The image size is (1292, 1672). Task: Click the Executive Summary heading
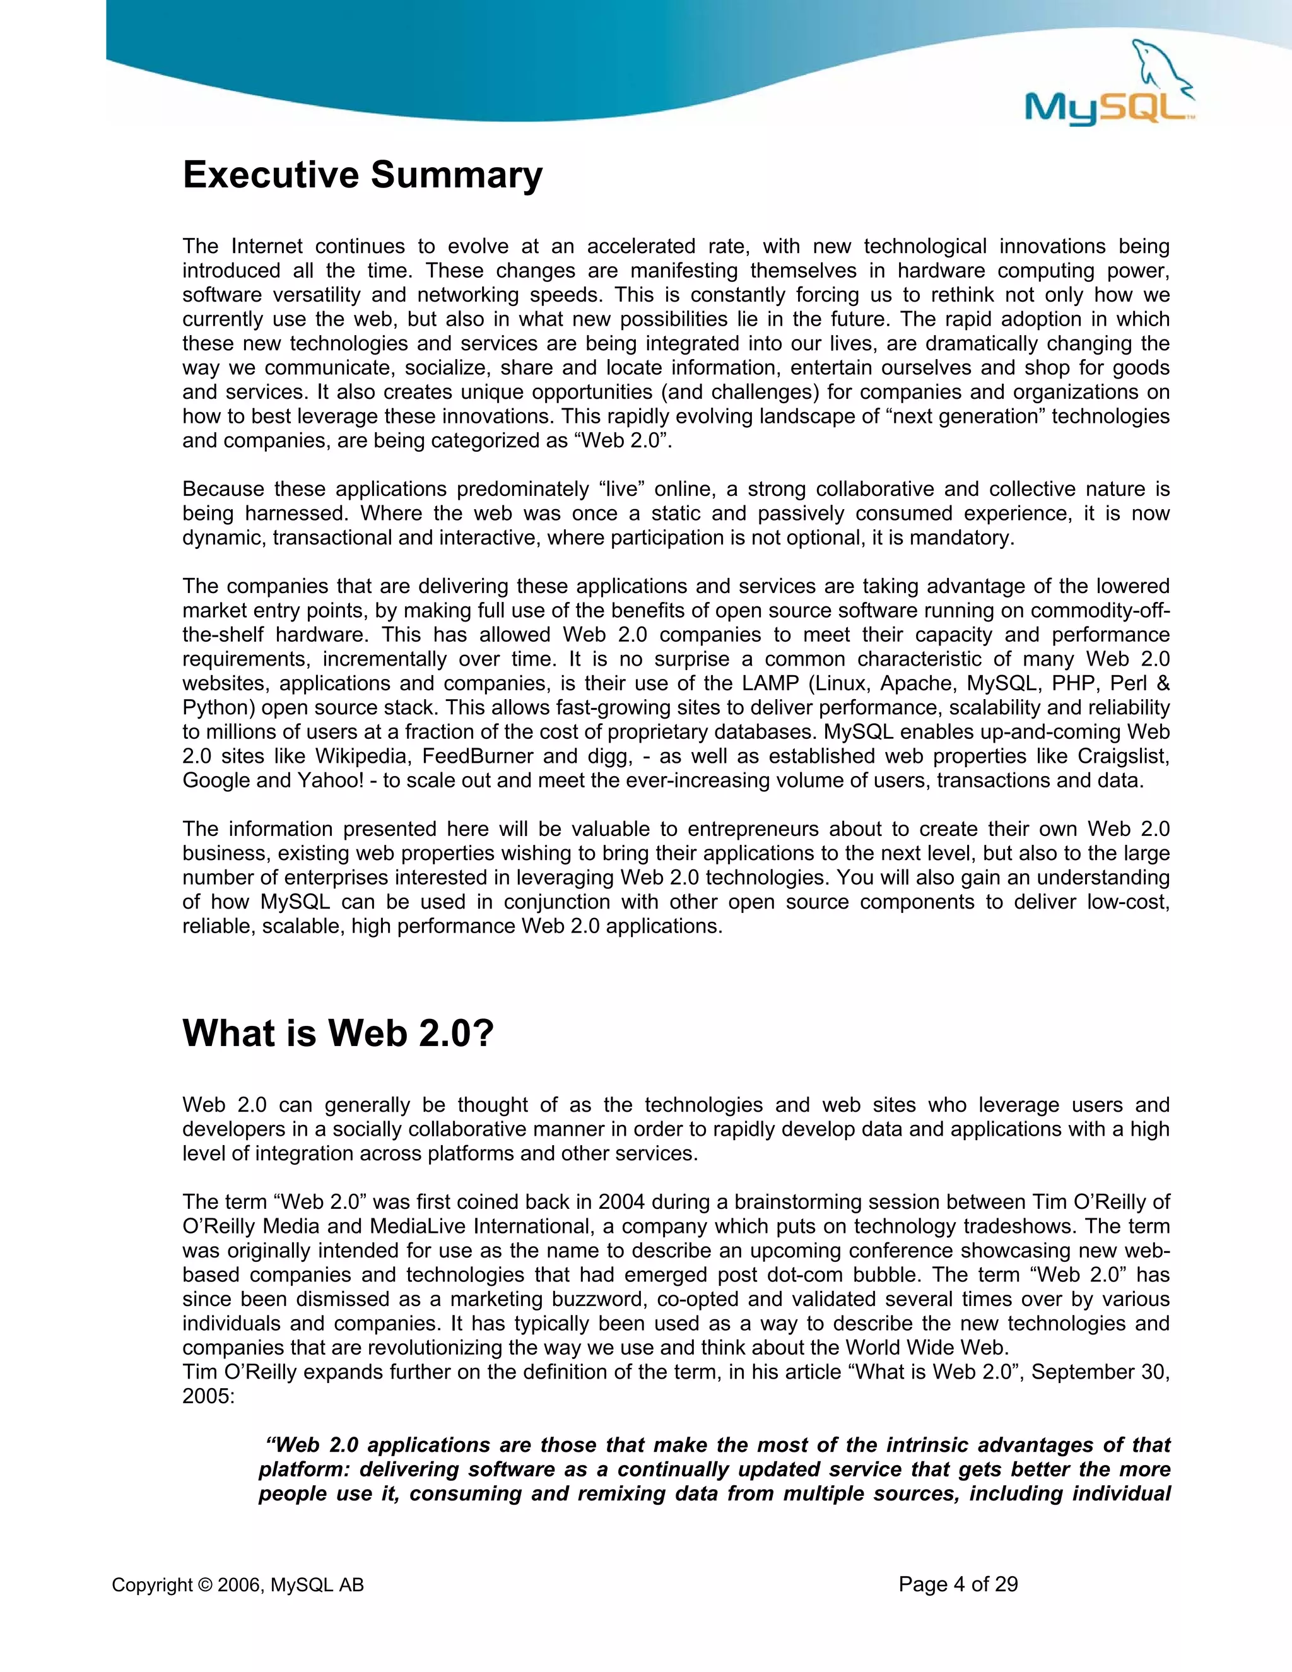tap(362, 175)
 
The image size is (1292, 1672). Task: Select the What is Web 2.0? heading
tap(338, 1033)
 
